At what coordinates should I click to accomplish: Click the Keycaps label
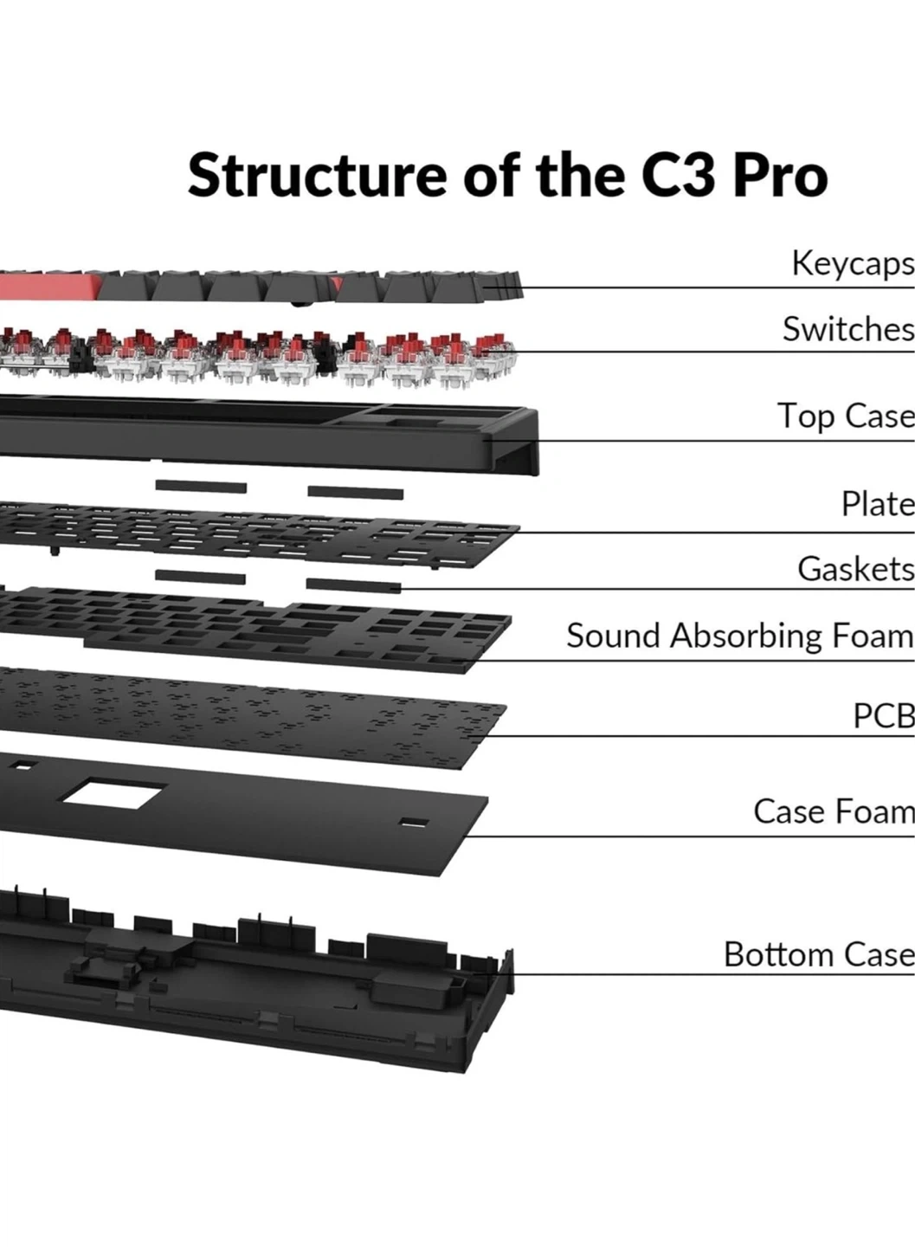pyautogui.click(x=852, y=263)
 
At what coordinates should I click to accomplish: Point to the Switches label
pyautogui.click(x=847, y=329)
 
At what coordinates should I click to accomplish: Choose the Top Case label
pyautogui.click(x=845, y=416)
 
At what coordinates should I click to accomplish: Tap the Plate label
pyautogui.click(x=877, y=503)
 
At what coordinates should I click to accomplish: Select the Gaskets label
pyautogui.click(x=855, y=569)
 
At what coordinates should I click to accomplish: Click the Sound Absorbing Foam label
pyautogui.click(x=739, y=636)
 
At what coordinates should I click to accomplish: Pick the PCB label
pyautogui.click(x=883, y=716)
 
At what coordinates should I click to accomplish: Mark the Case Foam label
pyautogui.click(x=833, y=811)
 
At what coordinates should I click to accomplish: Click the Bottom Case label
pyautogui.click(x=818, y=954)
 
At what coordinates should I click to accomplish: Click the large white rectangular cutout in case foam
pyautogui.click(x=113, y=795)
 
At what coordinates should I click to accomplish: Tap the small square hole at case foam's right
pyautogui.click(x=414, y=823)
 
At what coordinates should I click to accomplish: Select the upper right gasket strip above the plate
pyautogui.click(x=355, y=493)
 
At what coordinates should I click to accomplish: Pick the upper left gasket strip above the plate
pyautogui.click(x=201, y=487)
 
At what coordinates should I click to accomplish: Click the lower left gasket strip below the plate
pyautogui.click(x=200, y=577)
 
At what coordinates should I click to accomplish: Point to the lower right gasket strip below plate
pyautogui.click(x=352, y=585)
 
